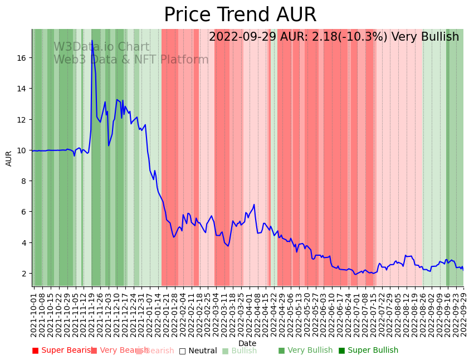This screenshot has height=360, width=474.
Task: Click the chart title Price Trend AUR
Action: pyautogui.click(x=240, y=15)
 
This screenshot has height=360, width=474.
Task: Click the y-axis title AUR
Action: pyautogui.click(x=9, y=158)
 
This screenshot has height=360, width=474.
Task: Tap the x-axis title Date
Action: pyautogui.click(x=247, y=343)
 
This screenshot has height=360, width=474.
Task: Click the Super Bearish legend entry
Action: pyautogui.click(x=62, y=351)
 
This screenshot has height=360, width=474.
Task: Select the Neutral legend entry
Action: pyautogui.click(x=198, y=351)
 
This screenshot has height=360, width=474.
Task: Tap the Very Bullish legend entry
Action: pyautogui.click(x=305, y=351)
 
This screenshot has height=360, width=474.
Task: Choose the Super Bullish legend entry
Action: pyautogui.click(x=368, y=351)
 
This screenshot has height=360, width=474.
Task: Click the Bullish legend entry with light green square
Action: pyautogui.click(x=240, y=351)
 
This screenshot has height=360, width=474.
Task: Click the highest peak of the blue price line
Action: pyautogui.click(x=92, y=41)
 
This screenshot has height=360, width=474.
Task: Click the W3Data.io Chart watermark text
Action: pyautogui.click(x=101, y=47)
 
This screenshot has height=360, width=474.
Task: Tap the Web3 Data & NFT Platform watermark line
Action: pyautogui.click(x=131, y=60)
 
